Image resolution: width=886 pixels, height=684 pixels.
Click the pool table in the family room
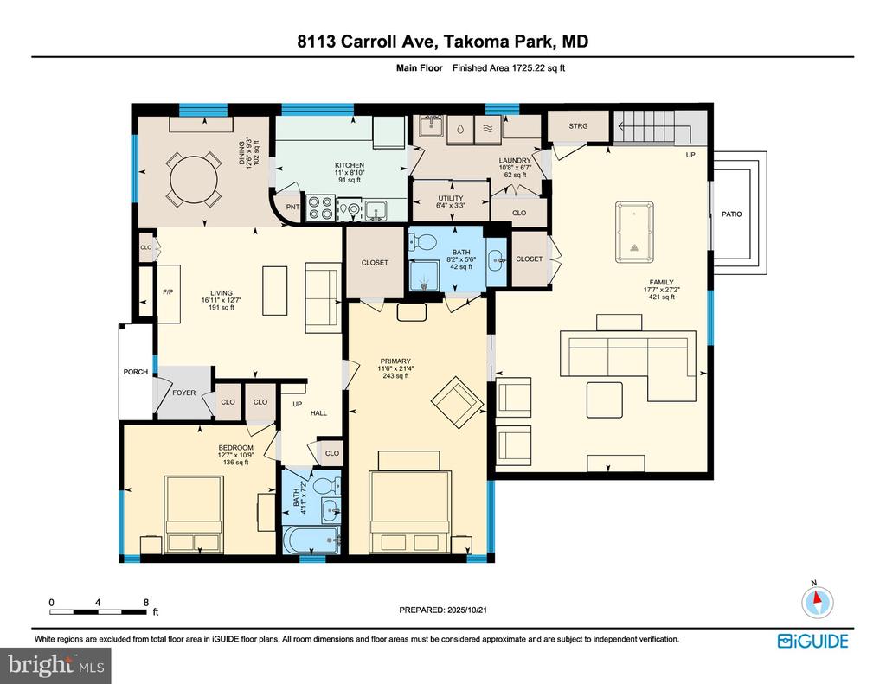point(634,231)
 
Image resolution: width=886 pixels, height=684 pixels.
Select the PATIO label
point(733,214)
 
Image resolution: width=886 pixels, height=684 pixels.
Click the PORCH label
point(136,372)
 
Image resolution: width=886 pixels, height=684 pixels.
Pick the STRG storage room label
point(578,126)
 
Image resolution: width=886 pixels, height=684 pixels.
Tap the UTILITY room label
point(450,198)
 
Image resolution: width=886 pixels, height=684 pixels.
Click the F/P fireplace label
point(168,292)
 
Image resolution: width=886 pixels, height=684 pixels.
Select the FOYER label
point(183,393)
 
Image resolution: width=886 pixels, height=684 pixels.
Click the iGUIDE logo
point(812,641)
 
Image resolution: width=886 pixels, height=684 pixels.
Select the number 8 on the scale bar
point(145,602)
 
